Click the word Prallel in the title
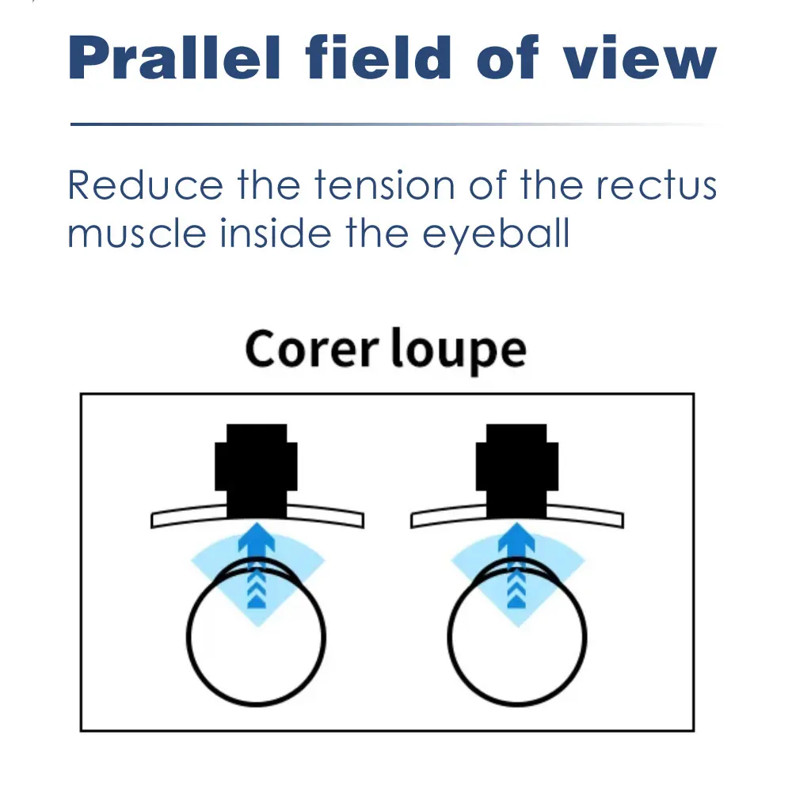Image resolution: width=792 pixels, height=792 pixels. coord(174,57)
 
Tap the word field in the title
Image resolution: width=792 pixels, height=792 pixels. coord(378,57)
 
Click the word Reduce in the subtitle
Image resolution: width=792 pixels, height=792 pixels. coord(145,185)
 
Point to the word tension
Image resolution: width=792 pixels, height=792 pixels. coord(385,185)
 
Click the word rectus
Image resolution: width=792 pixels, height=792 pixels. coord(656,185)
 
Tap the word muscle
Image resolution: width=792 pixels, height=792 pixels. coord(137,234)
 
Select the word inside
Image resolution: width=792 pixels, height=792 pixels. coord(276,234)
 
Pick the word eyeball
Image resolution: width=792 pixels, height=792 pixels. coord(496,235)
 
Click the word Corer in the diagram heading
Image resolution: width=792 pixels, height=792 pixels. coord(311,349)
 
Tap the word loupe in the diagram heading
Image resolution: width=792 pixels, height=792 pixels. coord(459,351)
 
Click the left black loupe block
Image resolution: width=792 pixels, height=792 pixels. coord(256,470)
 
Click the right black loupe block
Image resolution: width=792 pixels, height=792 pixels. coord(516,470)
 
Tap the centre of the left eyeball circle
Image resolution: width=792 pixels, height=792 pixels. coord(256,637)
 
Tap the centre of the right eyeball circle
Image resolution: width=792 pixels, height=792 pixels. coord(516,637)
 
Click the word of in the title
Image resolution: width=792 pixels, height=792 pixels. coord(507,57)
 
